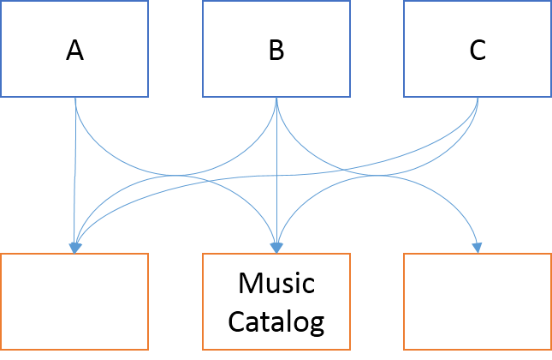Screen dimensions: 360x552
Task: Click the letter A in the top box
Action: [x=74, y=51]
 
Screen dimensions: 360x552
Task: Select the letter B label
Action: [x=276, y=51]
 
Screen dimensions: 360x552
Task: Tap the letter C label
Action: [x=477, y=51]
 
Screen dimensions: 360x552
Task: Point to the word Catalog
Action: [x=276, y=322]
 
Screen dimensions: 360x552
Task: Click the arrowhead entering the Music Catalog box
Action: [x=276, y=248]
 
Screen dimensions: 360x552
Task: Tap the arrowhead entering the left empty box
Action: [x=75, y=248]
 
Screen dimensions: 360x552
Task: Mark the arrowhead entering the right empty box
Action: [x=478, y=248]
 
